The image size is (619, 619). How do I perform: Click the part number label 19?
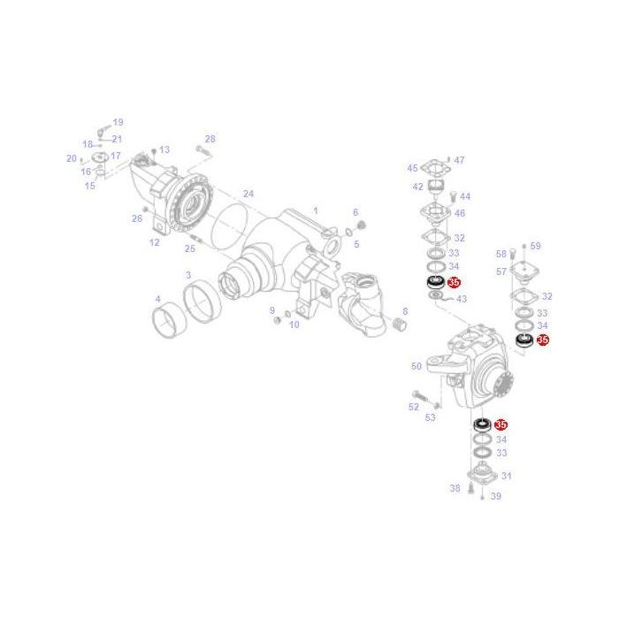point(118,122)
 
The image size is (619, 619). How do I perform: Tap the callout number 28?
point(210,139)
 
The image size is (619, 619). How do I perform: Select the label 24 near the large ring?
point(248,194)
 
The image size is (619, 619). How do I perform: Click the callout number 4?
point(157,299)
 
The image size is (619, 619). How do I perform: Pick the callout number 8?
point(404,312)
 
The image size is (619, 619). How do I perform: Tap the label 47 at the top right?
point(459,161)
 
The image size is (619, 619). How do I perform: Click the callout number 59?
point(535,247)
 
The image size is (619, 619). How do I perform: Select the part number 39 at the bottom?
point(495,496)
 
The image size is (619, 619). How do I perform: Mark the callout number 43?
point(461,299)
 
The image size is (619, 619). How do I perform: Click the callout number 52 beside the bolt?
point(413,407)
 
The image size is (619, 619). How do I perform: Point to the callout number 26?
point(136,218)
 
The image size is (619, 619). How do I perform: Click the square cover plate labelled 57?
point(524,272)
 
